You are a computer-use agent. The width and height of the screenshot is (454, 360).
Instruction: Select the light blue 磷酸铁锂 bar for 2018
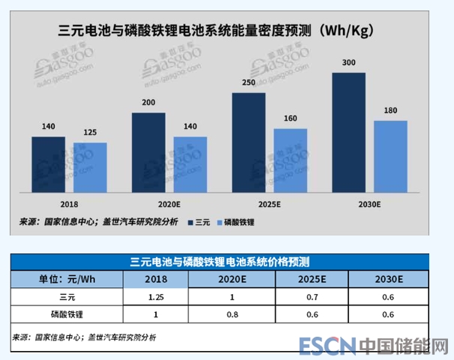(91, 165)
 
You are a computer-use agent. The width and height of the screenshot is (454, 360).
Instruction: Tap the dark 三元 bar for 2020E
(148, 151)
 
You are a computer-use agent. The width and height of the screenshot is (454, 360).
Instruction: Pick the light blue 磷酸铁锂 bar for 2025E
(291, 158)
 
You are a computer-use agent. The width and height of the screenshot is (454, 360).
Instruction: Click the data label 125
(91, 133)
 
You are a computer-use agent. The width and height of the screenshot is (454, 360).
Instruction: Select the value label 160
(291, 119)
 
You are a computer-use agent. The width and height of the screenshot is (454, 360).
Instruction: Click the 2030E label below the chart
(369, 202)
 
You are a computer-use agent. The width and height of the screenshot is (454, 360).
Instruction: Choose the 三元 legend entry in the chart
(199, 222)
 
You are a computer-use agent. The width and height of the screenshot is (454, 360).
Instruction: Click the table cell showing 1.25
(156, 297)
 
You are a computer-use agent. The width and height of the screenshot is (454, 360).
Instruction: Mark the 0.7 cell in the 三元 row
(312, 297)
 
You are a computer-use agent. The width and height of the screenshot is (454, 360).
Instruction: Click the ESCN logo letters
(327, 346)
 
